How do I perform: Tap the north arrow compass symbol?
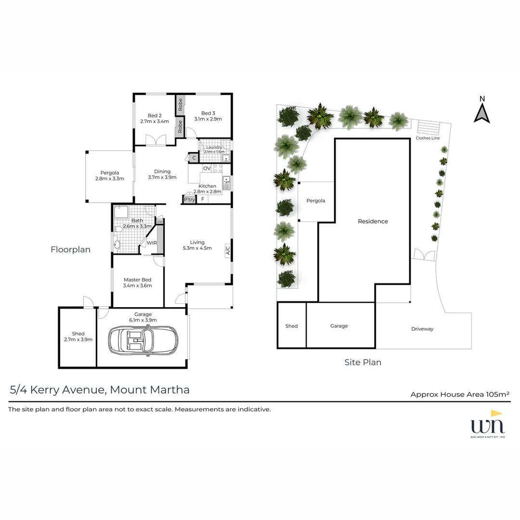coord(481,111)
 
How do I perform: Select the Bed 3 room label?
coord(208,113)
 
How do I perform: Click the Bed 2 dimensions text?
coord(155,121)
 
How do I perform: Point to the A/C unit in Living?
coord(228,251)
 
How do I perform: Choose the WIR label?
coord(152,243)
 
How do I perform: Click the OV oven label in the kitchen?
coord(207,168)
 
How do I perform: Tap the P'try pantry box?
coord(189,199)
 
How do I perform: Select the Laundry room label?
coord(214,147)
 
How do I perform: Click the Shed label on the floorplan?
coord(78,334)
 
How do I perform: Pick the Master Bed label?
coord(137,280)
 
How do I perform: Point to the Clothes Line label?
coord(428,138)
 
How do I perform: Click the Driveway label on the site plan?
coord(422,329)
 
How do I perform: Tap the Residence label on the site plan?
coord(373,221)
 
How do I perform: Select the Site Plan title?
coord(363,363)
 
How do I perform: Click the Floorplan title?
coord(70,249)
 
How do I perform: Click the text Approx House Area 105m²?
coord(460,394)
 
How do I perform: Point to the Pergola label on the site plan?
coord(316,200)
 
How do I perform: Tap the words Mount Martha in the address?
coord(150,390)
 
